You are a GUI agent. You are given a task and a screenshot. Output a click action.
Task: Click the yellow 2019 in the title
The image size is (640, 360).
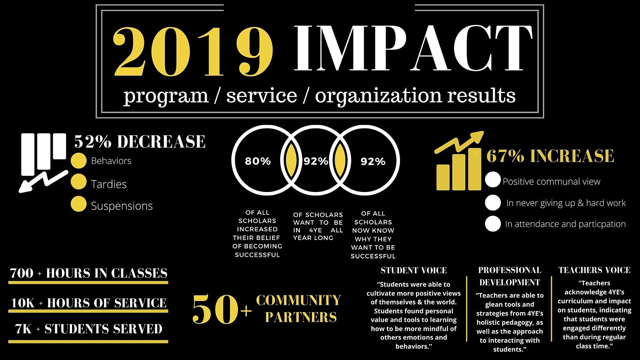click(193, 52)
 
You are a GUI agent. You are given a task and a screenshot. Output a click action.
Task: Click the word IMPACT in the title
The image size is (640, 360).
click(413, 48)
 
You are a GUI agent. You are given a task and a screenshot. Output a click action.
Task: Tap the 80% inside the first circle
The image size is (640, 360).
click(258, 161)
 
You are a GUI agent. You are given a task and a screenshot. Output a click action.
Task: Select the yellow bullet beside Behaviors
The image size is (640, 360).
click(78, 160)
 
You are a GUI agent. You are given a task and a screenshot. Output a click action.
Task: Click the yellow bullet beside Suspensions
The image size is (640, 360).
click(78, 204)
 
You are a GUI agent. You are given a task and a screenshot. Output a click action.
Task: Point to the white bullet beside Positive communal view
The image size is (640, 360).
click(493, 180)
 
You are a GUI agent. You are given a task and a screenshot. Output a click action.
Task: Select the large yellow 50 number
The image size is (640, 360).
click(215, 310)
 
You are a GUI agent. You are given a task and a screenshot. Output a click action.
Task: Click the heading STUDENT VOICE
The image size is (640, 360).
click(414, 270)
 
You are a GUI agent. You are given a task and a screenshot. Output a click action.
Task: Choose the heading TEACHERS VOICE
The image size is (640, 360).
click(594, 270)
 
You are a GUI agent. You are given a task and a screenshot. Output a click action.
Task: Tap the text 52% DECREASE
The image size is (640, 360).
click(140, 142)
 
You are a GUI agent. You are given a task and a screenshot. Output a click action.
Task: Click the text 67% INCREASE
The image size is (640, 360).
click(550, 156)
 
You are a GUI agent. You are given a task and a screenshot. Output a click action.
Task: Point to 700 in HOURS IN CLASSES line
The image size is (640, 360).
click(22, 273)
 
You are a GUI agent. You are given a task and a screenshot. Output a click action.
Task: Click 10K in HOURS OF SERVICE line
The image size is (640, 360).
click(22, 303)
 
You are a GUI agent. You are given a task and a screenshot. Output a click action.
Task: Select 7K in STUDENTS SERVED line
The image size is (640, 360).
click(23, 329)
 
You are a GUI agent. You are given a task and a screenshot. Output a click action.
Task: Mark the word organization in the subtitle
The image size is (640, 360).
click(378, 96)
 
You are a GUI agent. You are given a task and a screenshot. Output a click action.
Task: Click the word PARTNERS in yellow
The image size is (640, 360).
click(301, 317)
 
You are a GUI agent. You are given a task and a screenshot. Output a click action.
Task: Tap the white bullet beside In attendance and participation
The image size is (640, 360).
click(493, 224)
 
